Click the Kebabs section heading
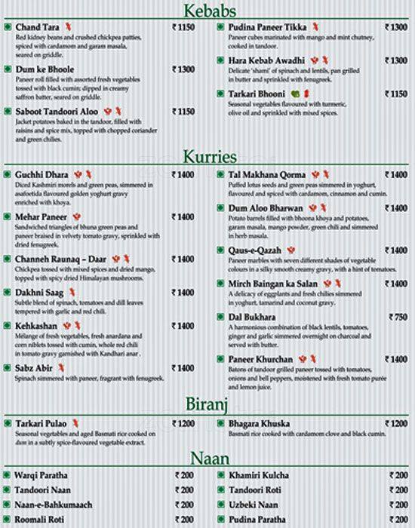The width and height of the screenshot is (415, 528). tap(207, 11)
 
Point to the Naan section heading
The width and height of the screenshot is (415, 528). tap(207, 457)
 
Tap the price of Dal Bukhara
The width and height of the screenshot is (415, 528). tap(395, 318)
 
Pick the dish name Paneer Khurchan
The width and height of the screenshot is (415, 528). tap(260, 358)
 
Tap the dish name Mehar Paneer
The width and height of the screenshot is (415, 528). tap(39, 216)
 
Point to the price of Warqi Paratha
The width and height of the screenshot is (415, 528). tap(186, 475)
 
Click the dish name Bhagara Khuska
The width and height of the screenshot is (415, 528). tap(257, 424)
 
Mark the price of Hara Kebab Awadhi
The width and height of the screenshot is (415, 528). tap(395, 60)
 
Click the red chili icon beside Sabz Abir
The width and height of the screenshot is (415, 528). tap(61, 367)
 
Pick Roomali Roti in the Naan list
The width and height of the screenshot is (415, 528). tap(40, 519)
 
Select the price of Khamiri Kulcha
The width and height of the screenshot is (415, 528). tap(398, 475)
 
